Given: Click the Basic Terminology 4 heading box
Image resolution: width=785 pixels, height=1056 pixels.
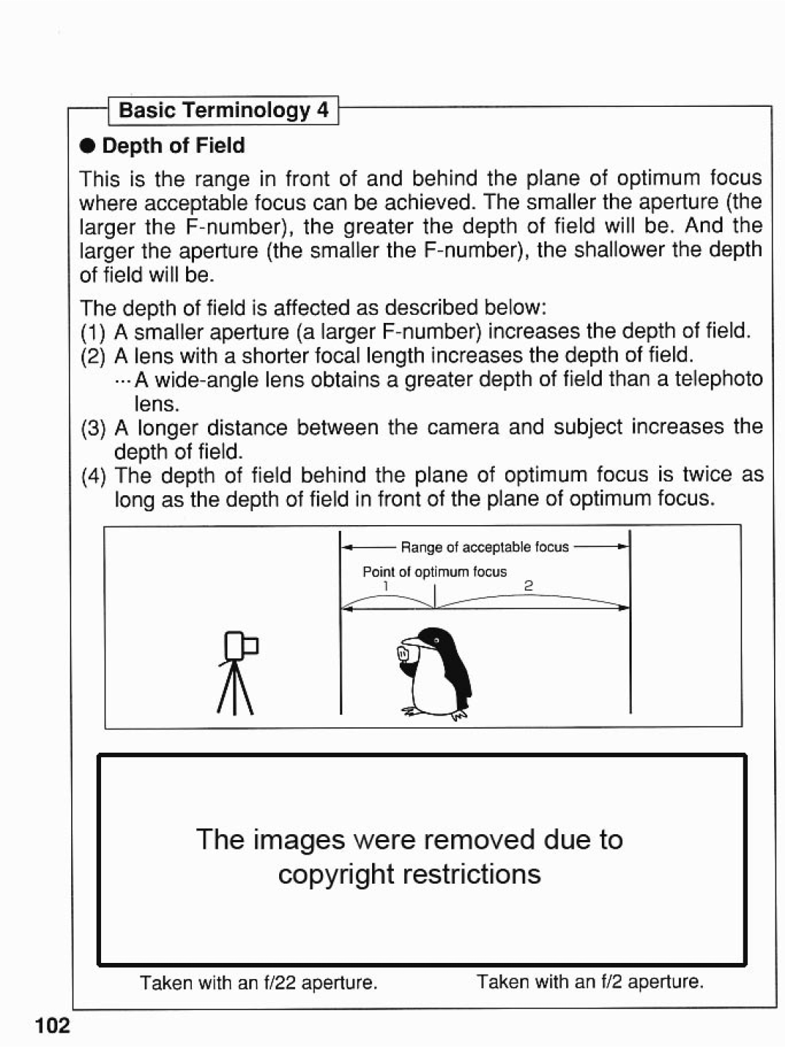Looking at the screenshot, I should (224, 111).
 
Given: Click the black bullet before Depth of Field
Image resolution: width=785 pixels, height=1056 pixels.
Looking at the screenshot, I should (88, 146).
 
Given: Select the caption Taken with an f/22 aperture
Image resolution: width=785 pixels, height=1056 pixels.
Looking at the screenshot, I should (258, 983).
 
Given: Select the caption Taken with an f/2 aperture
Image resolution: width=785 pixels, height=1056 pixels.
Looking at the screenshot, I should (590, 982).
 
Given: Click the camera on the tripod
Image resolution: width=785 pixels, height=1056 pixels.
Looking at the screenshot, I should (241, 645).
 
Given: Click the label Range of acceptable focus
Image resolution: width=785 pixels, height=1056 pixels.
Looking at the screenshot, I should (485, 547).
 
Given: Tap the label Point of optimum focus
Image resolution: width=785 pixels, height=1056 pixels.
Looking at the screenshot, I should (435, 572).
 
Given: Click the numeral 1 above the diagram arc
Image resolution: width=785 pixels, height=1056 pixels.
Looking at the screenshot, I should (387, 585).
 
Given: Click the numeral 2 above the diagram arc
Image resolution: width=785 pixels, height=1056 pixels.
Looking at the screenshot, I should (528, 585).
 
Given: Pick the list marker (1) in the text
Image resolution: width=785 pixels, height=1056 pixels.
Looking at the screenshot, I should (93, 332).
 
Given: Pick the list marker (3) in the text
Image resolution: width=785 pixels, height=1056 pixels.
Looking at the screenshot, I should (93, 427).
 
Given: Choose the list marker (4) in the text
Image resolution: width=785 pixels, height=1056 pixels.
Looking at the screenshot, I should (93, 476).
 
